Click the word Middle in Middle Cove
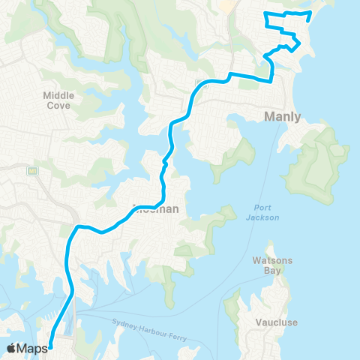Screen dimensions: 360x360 coord(57,95)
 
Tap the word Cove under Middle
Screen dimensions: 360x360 coord(57,106)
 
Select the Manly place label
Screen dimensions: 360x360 coord(283,117)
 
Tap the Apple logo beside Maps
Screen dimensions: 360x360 coord(11,348)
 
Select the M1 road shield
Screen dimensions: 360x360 coord(33,171)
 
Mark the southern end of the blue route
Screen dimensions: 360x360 coord(50,346)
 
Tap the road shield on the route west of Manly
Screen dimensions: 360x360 coord(200,82)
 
